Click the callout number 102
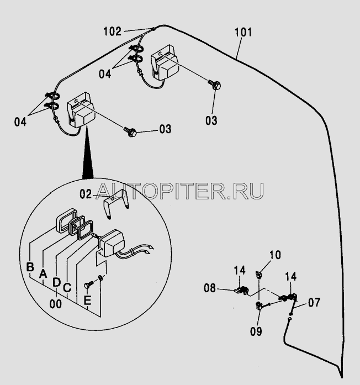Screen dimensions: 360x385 click(112, 31)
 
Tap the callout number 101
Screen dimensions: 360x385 click(243, 32)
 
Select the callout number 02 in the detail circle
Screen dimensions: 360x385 click(86, 194)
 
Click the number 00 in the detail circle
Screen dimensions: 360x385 click(56, 304)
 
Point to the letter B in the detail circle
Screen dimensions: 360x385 click(30, 267)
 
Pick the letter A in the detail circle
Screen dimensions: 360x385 click(43, 273)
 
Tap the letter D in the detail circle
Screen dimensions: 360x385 click(56, 282)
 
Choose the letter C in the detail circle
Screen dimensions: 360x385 click(67, 287)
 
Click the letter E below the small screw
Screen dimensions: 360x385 click(87, 300)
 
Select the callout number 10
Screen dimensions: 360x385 click(275, 255)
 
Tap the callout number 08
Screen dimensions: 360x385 click(210, 288)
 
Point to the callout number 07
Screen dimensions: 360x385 click(314, 303)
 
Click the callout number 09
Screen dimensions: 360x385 click(256, 331)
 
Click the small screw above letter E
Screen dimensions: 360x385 click(89, 285)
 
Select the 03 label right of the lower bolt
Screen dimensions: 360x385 click(166, 129)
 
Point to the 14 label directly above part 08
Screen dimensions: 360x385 click(239, 270)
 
